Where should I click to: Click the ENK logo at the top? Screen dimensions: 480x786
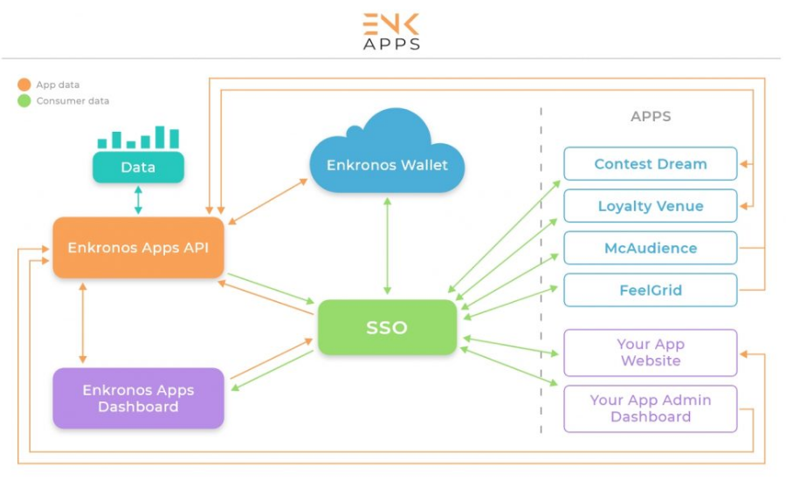(x=391, y=24)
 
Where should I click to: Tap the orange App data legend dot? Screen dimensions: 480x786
(x=24, y=85)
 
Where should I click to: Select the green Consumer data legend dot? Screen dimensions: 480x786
(x=24, y=100)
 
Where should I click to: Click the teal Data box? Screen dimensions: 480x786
(x=138, y=167)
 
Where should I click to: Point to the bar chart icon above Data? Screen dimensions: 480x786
(x=138, y=138)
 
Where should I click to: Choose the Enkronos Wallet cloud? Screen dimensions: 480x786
(x=387, y=157)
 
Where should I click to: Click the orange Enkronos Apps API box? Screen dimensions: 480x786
(x=138, y=248)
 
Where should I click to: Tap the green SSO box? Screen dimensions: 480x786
(x=387, y=327)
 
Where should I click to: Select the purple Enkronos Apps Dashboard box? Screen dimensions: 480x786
(x=138, y=398)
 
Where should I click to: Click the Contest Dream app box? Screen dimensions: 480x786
(x=650, y=164)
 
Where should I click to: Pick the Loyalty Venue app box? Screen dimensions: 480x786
(x=650, y=206)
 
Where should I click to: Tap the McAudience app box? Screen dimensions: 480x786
(x=650, y=248)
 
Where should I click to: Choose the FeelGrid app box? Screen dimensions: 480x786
(x=650, y=290)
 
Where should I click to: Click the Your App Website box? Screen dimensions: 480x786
(x=650, y=353)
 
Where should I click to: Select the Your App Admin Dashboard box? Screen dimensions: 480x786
(x=650, y=408)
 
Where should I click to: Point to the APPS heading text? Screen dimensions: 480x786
(x=651, y=116)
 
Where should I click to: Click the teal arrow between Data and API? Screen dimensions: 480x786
(x=138, y=200)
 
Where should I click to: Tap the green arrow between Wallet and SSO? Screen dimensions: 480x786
(x=387, y=245)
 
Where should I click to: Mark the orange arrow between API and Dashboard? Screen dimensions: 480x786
(x=83, y=323)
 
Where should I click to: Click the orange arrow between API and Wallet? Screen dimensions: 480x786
(x=267, y=202)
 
